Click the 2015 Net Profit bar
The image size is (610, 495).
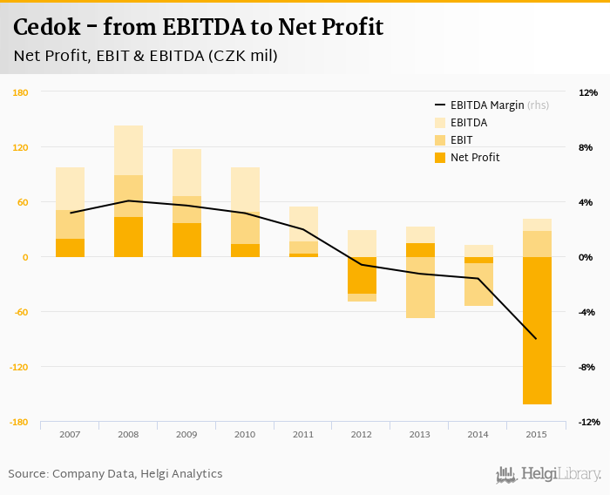pyautogui.click(x=536, y=330)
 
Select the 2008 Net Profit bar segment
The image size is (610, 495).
pyautogui.click(x=128, y=237)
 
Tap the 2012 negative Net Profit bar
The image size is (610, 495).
pyautogui.click(x=362, y=275)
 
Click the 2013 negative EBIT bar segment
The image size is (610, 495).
pyautogui.click(x=420, y=288)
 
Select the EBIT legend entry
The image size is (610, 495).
pyautogui.click(x=463, y=140)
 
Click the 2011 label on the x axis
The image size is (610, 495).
pyautogui.click(x=303, y=434)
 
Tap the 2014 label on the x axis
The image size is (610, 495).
pyautogui.click(x=478, y=434)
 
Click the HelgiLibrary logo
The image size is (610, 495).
pyautogui.click(x=549, y=474)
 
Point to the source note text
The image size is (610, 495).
pyautogui.click(x=115, y=474)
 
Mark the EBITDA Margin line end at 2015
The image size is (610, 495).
pyautogui.click(x=536, y=339)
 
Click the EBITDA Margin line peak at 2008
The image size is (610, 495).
pyautogui.click(x=128, y=200)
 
